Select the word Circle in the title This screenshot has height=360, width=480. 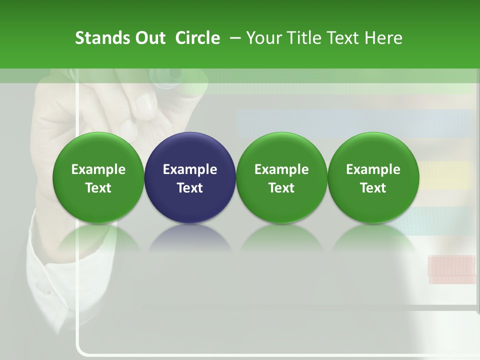tap(197, 38)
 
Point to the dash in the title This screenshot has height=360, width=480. tap(234, 38)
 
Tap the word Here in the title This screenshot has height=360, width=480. tap(383, 38)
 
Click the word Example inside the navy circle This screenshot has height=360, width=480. tap(190, 169)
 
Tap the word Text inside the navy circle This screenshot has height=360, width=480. tap(190, 188)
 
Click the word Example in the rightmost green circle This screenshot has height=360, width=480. tap(373, 169)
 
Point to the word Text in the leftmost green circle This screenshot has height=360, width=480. tap(98, 188)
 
